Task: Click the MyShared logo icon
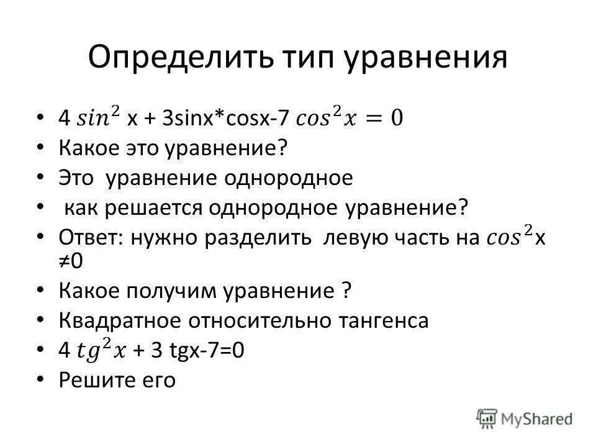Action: point(487,418)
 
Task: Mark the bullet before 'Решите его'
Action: point(41,378)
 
